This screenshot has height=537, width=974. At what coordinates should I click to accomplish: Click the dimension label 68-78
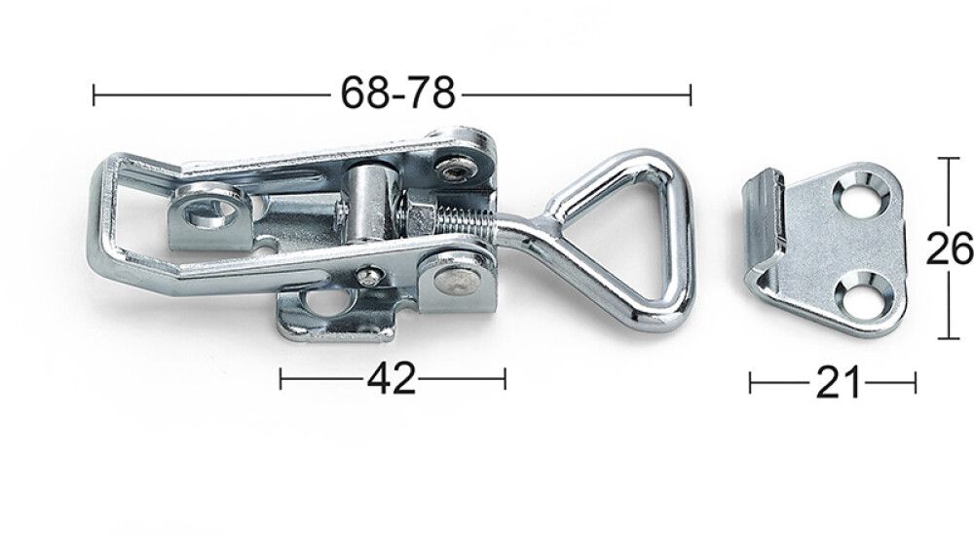tap(397, 94)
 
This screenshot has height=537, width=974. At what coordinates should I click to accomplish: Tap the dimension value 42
tap(392, 378)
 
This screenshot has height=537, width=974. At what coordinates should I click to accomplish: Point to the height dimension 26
tap(949, 249)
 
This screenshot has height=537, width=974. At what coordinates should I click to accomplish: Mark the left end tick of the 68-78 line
tap(94, 95)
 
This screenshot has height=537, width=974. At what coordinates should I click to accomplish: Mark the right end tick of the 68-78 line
tap(691, 95)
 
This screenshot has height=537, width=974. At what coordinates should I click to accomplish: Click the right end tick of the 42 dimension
tap(505, 378)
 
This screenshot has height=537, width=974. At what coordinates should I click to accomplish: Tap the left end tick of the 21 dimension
tap(751, 383)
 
